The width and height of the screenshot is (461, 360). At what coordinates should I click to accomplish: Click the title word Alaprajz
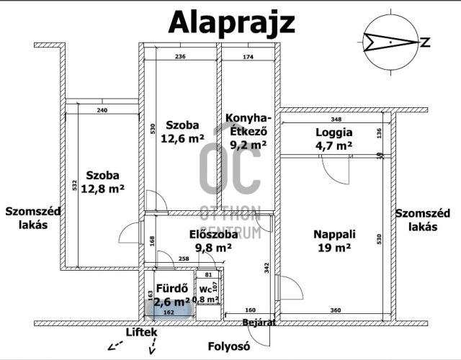click(231, 23)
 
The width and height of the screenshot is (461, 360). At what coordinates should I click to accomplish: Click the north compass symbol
click(390, 42)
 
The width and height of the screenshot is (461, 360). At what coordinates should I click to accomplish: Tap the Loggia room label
click(334, 132)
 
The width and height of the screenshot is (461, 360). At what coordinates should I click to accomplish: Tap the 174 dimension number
click(248, 57)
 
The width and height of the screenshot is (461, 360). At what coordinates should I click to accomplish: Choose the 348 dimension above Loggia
click(336, 119)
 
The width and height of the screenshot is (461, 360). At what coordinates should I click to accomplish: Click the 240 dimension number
click(102, 110)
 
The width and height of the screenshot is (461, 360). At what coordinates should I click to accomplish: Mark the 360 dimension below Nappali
click(336, 311)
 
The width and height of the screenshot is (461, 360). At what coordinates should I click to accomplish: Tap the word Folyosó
click(228, 346)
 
